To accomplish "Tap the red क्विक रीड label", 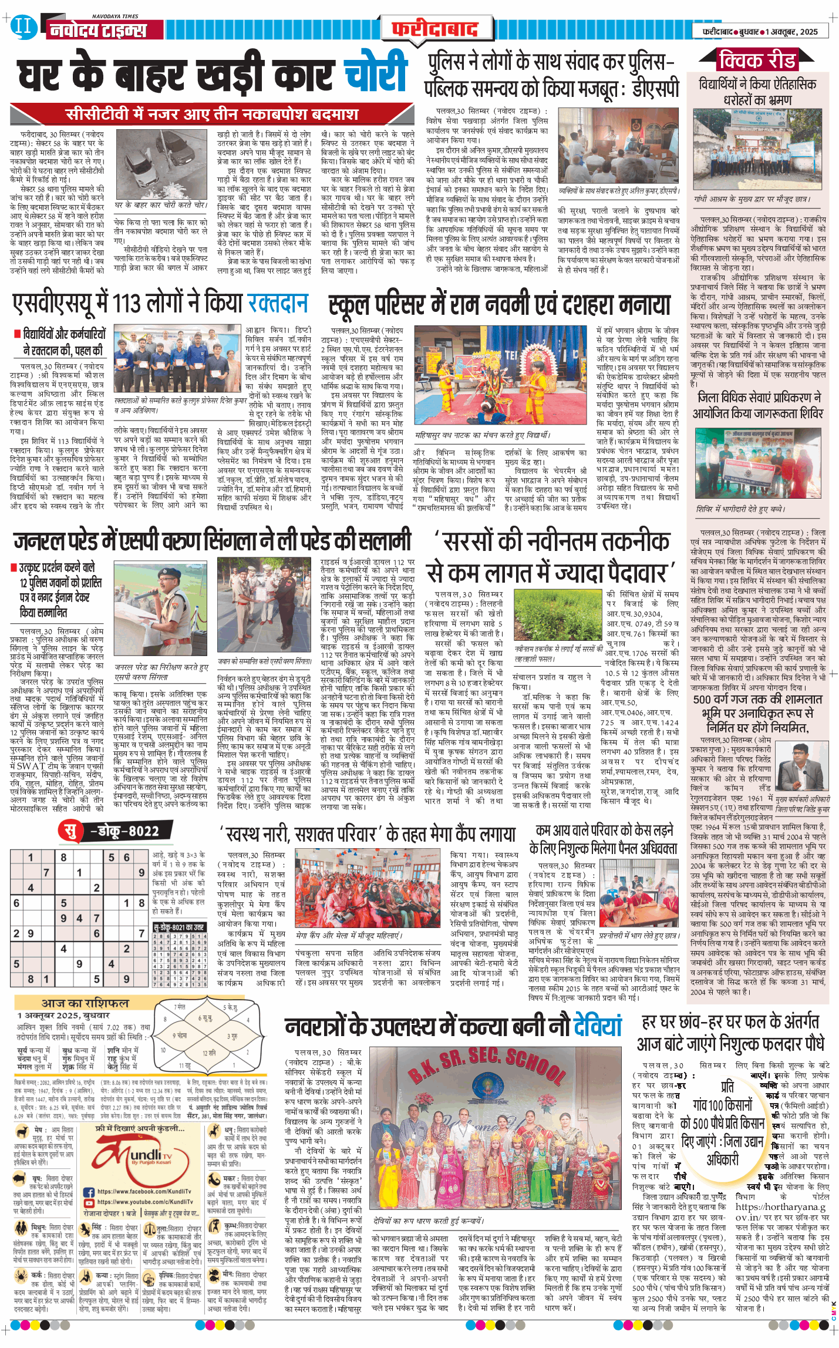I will point(757,60).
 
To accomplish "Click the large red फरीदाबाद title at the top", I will point(435,29).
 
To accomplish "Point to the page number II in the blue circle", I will point(23,26).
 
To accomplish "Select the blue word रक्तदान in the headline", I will point(278,303).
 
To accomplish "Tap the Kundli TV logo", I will point(144,1160).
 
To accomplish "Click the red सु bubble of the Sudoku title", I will point(71,831).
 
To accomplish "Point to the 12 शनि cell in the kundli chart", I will point(210,1053).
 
